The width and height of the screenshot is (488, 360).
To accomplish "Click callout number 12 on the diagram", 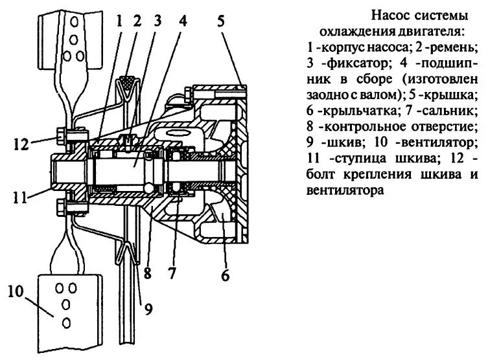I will [x=19, y=143].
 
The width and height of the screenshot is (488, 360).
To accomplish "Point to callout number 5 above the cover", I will [x=222, y=19].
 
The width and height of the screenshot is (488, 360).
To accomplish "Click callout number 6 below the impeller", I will [x=225, y=275].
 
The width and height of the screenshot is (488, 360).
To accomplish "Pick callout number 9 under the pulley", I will [x=148, y=309].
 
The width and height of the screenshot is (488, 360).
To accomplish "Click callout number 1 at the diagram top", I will [x=119, y=19].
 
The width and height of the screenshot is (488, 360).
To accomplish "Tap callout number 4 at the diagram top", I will [x=183, y=19].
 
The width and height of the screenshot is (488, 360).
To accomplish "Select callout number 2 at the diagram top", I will [x=137, y=19].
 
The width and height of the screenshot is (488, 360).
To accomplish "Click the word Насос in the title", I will [x=389, y=14].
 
